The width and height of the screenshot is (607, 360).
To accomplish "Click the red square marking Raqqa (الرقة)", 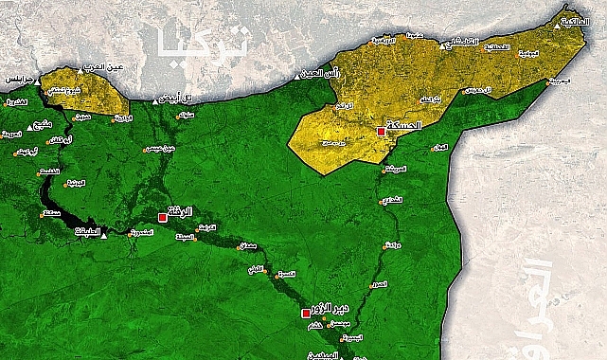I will tap(162, 217).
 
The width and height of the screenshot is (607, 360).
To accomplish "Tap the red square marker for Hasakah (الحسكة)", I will tap(381, 132).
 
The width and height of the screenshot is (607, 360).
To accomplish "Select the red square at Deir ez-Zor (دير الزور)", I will tap(305, 312).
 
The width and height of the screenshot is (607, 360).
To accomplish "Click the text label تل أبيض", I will tap(175, 99).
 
